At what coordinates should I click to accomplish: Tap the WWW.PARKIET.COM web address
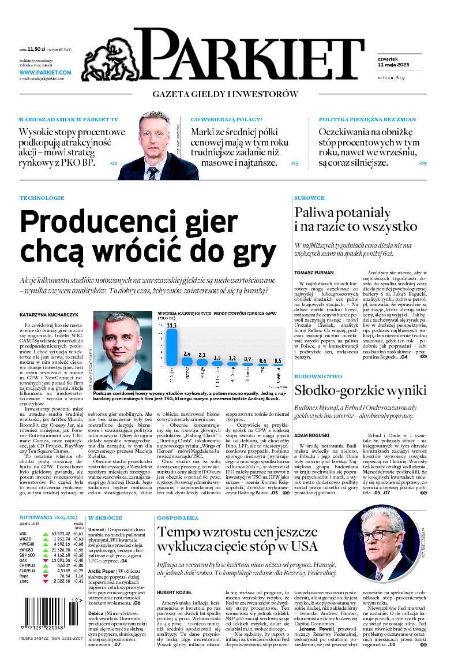(45, 73)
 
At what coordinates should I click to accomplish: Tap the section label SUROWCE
(310, 197)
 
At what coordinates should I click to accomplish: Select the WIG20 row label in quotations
(26, 538)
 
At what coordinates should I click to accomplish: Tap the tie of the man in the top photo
(152, 173)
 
